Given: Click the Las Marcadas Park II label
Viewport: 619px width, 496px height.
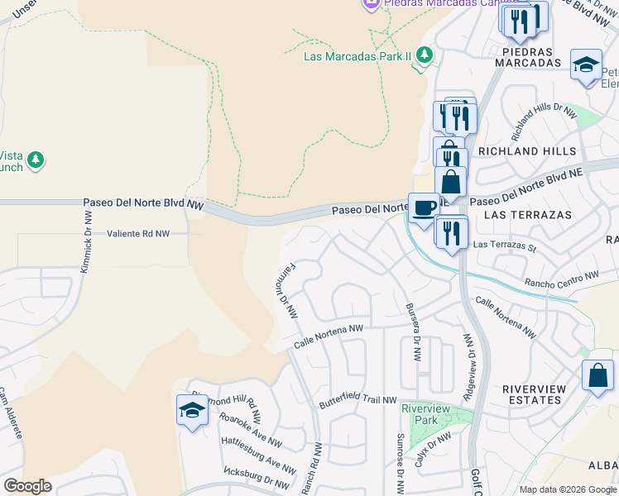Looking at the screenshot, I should [x=357, y=56].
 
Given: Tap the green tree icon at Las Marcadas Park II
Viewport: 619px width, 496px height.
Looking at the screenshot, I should [x=425, y=55].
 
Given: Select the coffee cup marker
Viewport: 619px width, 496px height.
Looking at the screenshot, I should [x=425, y=209].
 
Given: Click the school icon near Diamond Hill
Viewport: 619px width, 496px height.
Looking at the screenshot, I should [x=192, y=410].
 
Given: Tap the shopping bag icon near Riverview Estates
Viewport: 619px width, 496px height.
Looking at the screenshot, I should [x=597, y=375].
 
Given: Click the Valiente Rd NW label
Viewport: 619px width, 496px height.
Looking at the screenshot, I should [x=138, y=234].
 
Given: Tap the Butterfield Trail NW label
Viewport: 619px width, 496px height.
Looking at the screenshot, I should [x=358, y=400].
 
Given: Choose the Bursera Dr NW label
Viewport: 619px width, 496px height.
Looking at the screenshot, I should [x=411, y=331].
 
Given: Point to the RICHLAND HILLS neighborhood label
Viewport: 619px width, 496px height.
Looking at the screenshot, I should [x=538, y=152].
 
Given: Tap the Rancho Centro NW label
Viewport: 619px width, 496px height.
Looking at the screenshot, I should [x=561, y=277].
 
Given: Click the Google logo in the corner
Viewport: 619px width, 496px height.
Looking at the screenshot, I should [x=27, y=486].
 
